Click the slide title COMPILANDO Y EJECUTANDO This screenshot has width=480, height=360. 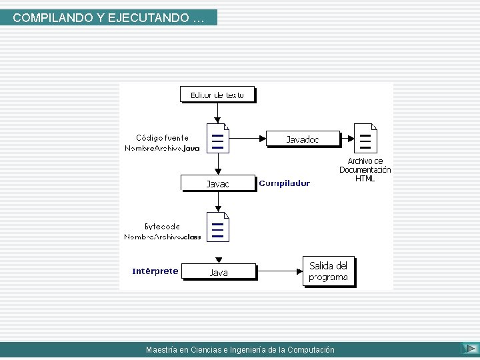coord(109,18)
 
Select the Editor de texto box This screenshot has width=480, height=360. coord(218,95)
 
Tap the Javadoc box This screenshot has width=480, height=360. coord(303,139)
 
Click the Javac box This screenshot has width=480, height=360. coord(218,183)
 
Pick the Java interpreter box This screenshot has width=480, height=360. coord(219,271)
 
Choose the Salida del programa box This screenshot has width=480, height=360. coord(328,271)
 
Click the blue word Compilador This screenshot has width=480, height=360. coord(284,183)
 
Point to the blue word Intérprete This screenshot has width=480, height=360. coord(155,271)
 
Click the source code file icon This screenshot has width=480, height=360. coord(218,138)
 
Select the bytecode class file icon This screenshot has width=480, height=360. coord(218,227)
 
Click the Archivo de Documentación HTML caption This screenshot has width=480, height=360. coord(365,169)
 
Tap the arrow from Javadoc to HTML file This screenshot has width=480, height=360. coord(347,139)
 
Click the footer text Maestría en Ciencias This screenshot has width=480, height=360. coord(240,349)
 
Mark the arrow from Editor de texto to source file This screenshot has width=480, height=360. coord(218,113)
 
